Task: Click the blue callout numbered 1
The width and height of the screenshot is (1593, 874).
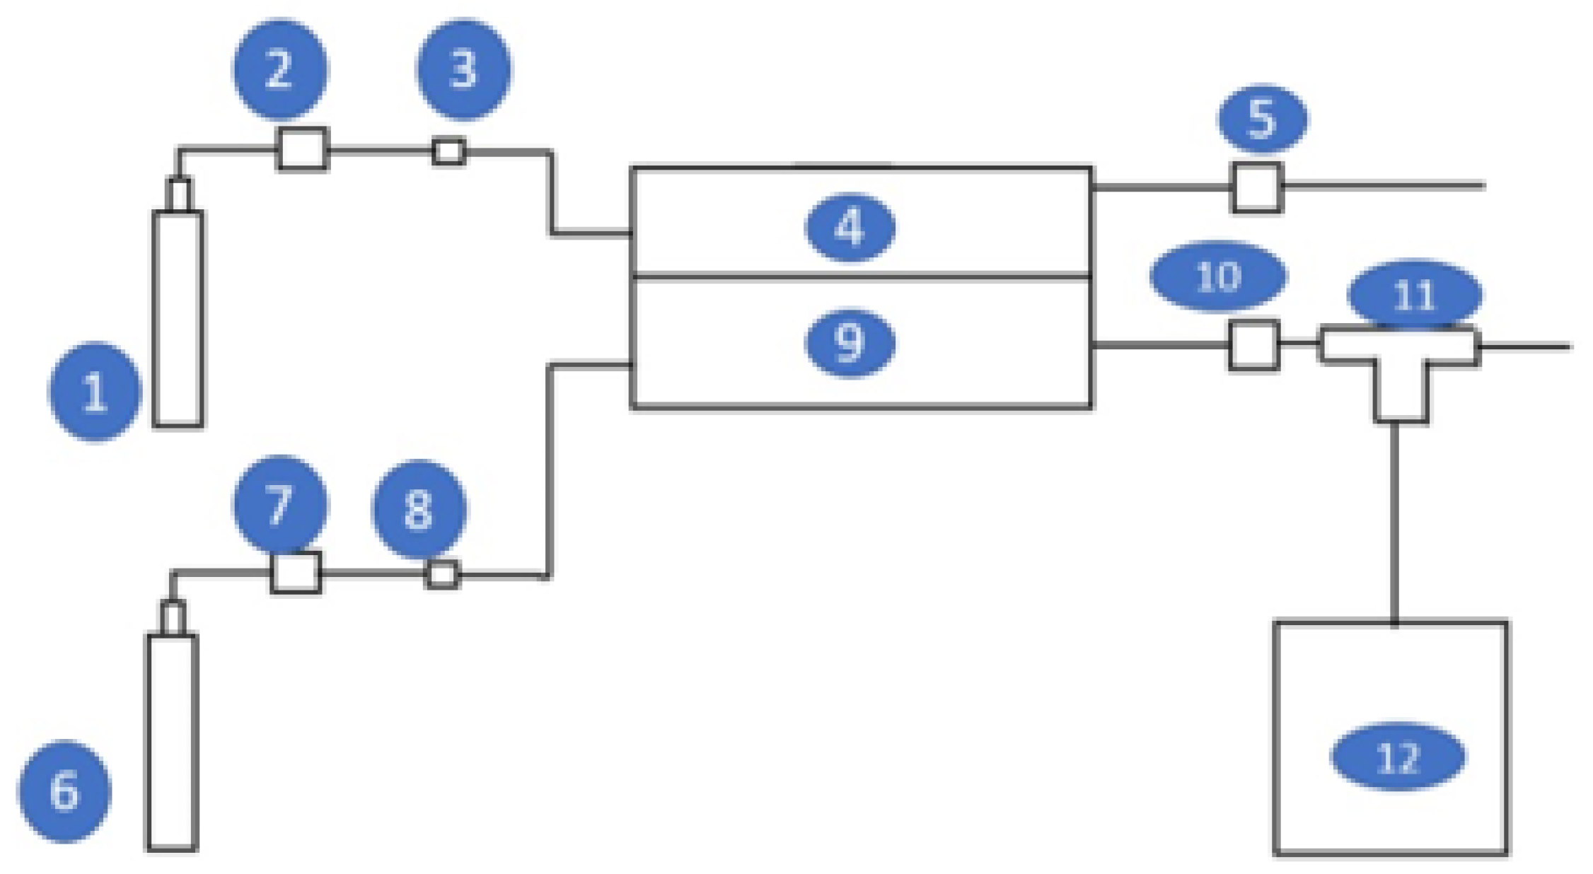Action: click(95, 391)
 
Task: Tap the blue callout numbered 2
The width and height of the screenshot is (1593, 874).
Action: click(280, 69)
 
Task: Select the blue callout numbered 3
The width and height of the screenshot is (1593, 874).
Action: click(463, 69)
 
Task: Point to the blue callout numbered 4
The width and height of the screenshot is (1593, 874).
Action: click(850, 228)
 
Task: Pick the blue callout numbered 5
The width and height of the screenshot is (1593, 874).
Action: click(1263, 118)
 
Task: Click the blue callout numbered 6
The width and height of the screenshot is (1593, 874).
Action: click(64, 791)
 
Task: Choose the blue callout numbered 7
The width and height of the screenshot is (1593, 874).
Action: click(280, 505)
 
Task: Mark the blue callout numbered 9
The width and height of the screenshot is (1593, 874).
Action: click(850, 343)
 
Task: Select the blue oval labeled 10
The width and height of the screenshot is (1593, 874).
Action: click(1218, 276)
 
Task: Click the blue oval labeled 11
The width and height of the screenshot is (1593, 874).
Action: click(1414, 295)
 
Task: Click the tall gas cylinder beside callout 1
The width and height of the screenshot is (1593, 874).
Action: click(178, 318)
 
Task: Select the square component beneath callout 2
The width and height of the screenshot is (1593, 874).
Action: click(303, 149)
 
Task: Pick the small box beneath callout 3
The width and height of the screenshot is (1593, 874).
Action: click(448, 151)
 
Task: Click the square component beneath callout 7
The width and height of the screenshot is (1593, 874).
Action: click(296, 572)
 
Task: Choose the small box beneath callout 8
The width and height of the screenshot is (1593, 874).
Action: click(442, 574)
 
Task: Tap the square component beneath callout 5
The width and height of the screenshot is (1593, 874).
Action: click(1257, 187)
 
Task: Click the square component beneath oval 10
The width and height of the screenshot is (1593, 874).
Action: click(1253, 345)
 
